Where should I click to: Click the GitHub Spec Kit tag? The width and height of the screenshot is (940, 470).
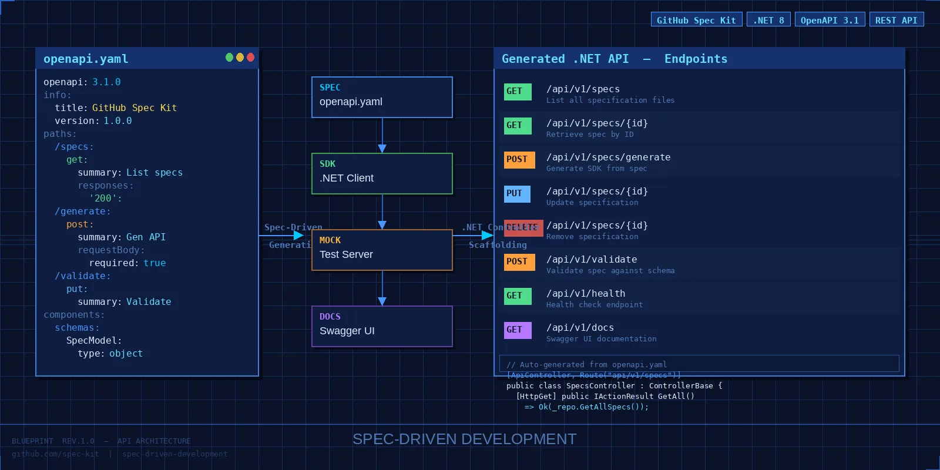696,20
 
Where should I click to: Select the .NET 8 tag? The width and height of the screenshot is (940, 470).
768,20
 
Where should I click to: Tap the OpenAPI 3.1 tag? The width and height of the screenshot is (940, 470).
830,20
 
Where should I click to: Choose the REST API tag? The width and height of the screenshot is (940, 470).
897,20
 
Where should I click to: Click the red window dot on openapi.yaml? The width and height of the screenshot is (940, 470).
250,57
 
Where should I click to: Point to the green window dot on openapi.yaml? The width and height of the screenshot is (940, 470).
229,57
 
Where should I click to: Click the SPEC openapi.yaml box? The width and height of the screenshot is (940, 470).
382,97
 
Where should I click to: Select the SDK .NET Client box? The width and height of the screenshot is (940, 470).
382,173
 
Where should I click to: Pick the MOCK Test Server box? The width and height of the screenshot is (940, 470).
382,250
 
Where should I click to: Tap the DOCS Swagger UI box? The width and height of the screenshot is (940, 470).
382,326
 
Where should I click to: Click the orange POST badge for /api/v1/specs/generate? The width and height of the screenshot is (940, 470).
519,159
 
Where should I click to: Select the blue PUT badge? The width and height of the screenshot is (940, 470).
516,193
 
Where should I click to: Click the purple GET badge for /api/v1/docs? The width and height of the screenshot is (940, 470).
517,330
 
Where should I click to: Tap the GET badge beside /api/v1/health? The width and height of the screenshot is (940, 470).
517,296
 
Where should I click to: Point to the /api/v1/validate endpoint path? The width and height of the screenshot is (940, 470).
592,259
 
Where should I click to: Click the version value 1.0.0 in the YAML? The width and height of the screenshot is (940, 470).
117,120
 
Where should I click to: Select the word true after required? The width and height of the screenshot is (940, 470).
155,263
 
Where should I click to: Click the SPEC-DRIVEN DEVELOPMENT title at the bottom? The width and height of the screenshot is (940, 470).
464,439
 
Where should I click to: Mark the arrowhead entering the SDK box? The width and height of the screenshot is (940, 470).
382,149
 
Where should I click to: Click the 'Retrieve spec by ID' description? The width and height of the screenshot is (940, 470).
590,135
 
